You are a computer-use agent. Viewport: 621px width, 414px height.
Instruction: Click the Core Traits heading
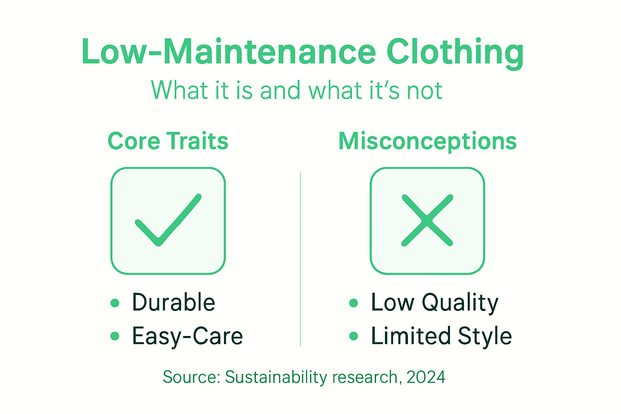(x=168, y=141)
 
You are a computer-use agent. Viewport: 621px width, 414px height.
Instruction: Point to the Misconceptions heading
(x=427, y=142)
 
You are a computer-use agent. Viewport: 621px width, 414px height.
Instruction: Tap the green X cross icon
(x=427, y=220)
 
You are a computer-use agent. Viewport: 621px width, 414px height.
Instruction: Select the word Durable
(x=173, y=302)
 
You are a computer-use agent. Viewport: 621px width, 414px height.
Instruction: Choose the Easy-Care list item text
(x=188, y=336)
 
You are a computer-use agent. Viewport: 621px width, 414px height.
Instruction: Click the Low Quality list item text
(x=435, y=303)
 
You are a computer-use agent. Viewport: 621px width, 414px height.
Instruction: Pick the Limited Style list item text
(x=441, y=336)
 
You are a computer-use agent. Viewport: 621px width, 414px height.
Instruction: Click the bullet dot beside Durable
(x=115, y=303)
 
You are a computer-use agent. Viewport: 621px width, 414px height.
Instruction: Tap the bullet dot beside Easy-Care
(x=115, y=336)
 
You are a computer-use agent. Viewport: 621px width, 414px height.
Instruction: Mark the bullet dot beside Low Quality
(x=353, y=303)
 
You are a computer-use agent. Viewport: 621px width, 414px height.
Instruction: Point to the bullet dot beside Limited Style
(x=353, y=336)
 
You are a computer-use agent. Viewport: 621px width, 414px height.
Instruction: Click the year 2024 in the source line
(x=426, y=377)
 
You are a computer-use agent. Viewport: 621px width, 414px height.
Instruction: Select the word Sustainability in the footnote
(x=276, y=378)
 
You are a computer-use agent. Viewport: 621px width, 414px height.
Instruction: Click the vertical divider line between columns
(x=300, y=259)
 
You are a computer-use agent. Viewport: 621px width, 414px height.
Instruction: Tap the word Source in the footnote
(x=191, y=377)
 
